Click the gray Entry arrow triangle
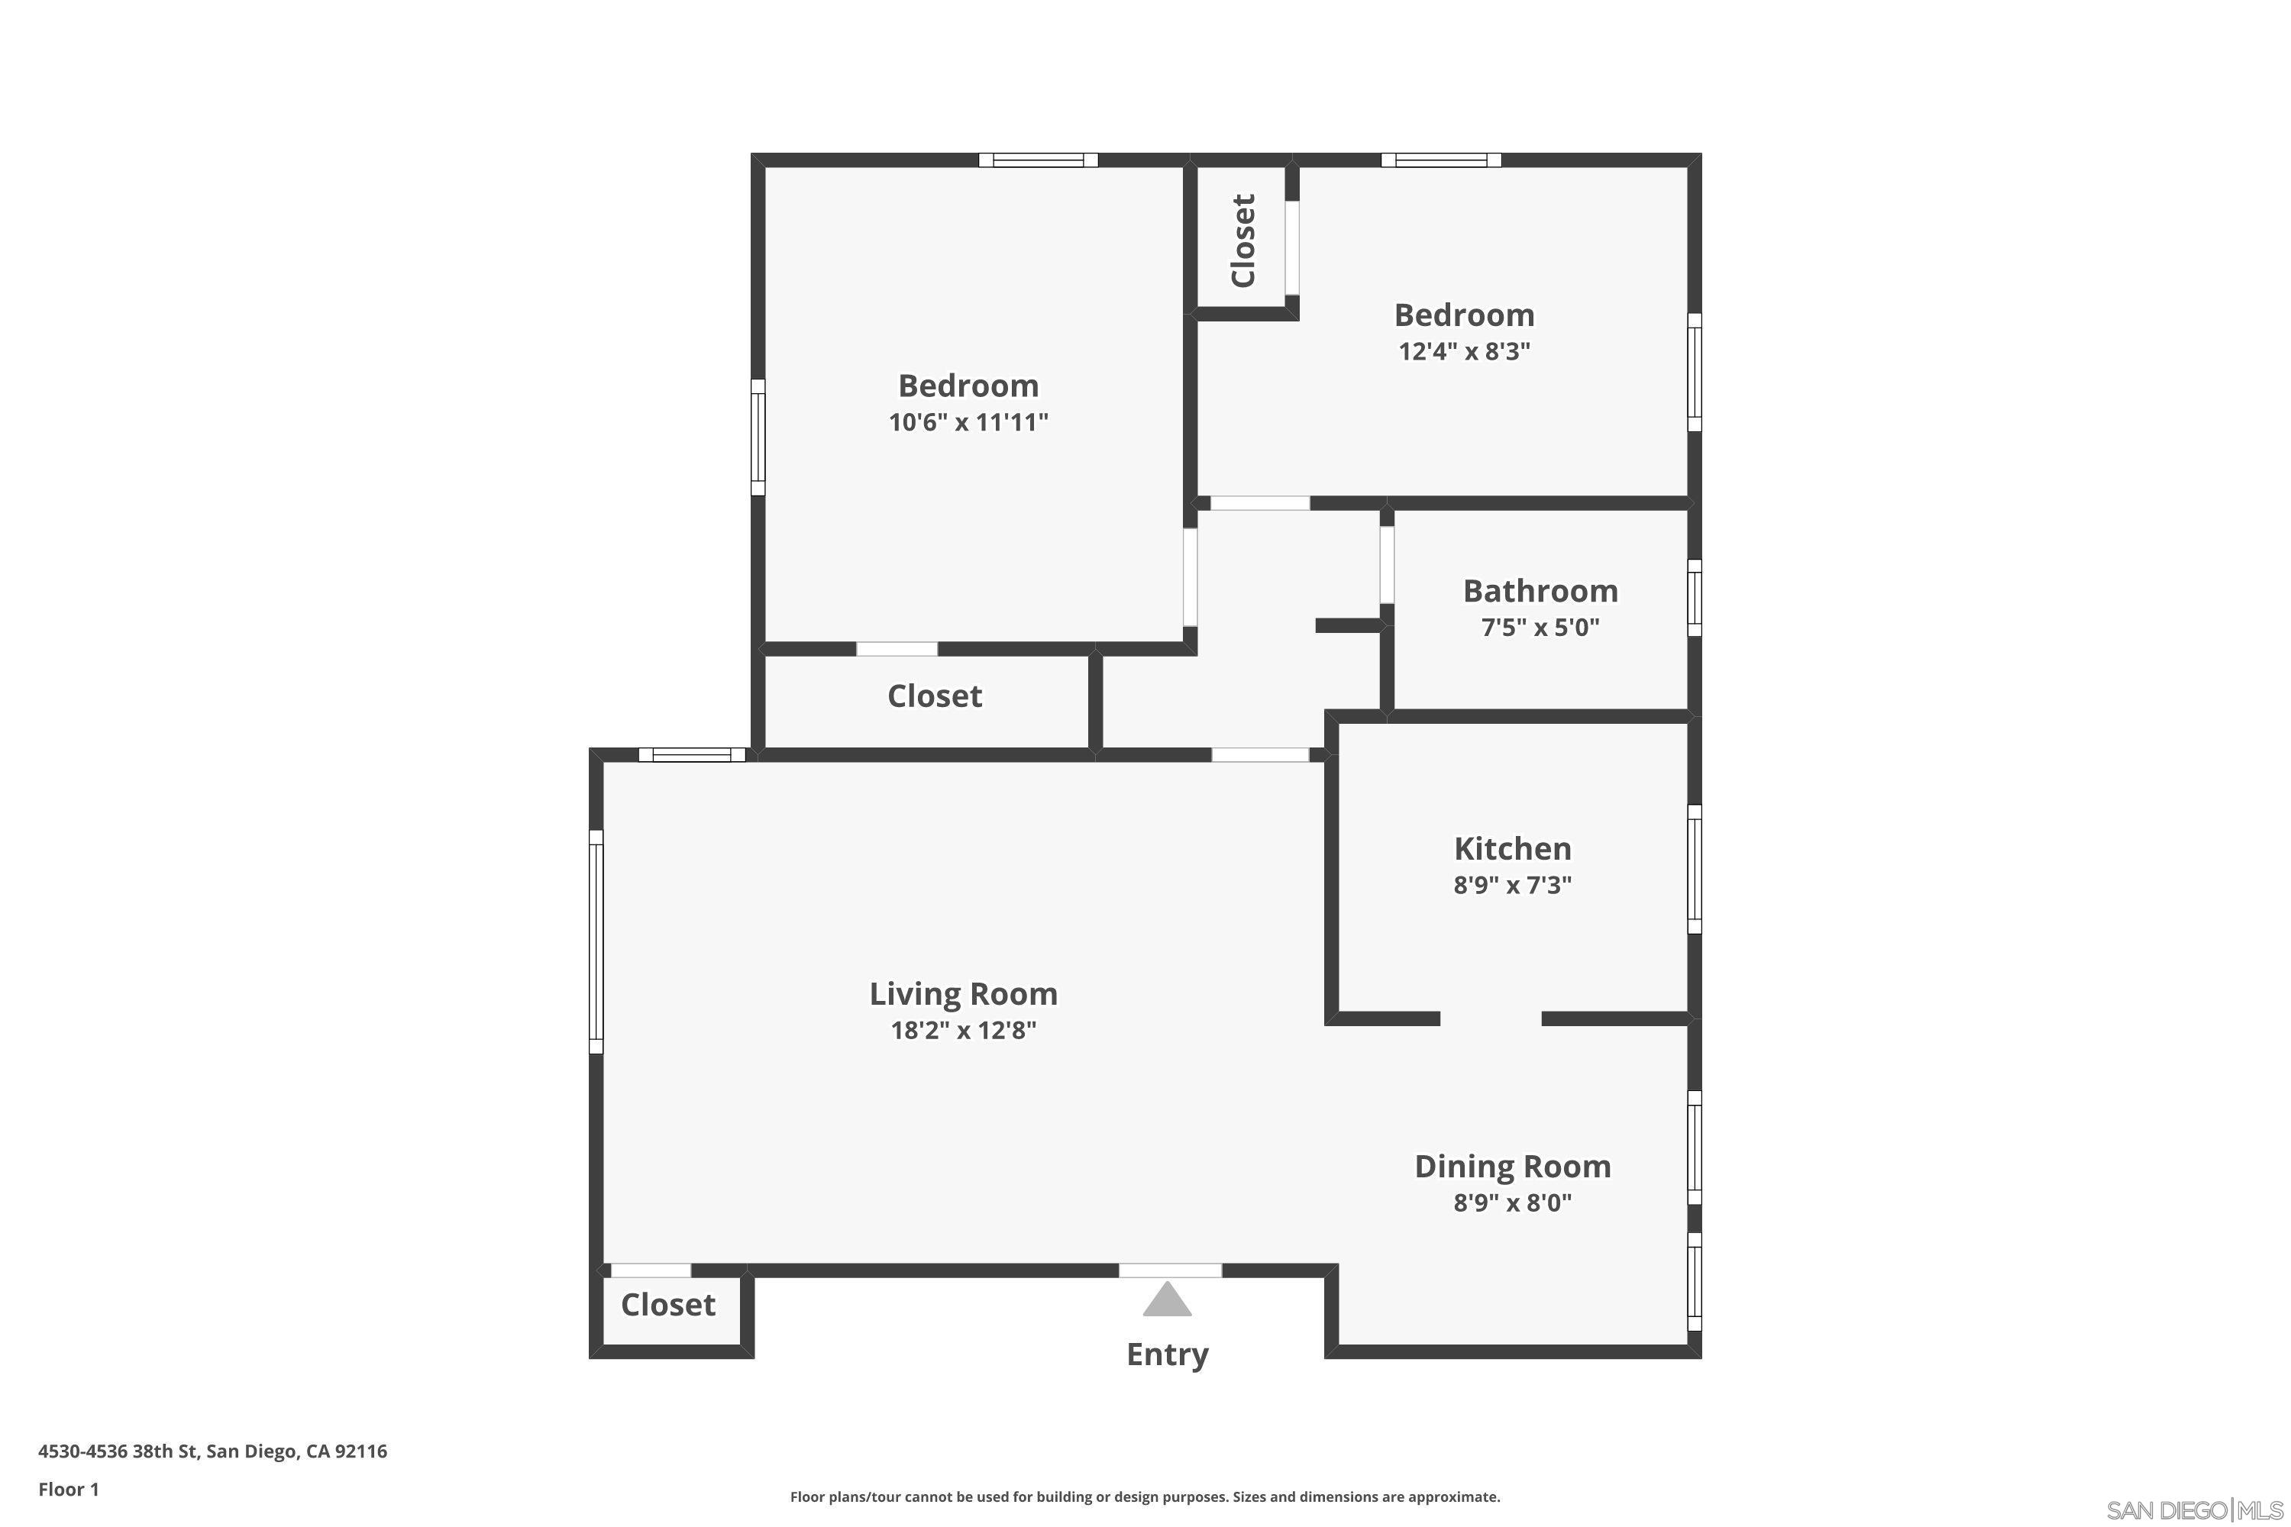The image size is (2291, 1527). [1167, 1301]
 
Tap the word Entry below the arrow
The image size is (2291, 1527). [1167, 1354]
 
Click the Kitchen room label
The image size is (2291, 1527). [1512, 849]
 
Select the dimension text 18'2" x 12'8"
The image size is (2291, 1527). [963, 1030]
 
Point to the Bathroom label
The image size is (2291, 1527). [1540, 591]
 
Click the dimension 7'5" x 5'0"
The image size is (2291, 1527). [1540, 627]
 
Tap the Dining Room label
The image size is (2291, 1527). [1512, 1167]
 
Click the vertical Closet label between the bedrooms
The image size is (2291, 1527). [1244, 241]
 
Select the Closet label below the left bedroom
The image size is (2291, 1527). [934, 696]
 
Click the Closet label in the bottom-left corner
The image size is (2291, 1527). [668, 1305]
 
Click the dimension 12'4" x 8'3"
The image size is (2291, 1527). [1464, 351]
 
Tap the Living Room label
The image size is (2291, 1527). [963, 994]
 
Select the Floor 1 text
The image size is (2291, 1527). [68, 1489]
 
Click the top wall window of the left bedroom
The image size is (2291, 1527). [1039, 160]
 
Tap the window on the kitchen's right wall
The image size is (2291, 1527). [1694, 869]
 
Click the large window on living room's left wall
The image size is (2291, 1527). [596, 941]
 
